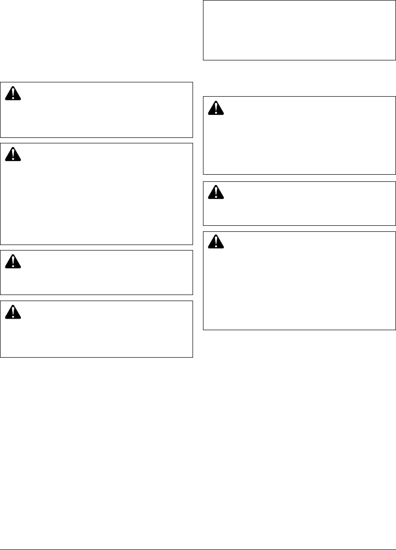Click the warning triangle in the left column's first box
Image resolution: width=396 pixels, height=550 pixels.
(12, 94)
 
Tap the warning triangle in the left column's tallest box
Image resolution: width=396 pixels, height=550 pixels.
(12, 155)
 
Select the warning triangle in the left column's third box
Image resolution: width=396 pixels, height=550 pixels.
(12, 262)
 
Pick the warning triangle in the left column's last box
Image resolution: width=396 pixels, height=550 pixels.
(12, 312)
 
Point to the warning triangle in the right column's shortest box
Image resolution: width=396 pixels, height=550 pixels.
(215, 193)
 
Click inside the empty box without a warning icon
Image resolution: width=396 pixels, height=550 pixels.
(299, 30)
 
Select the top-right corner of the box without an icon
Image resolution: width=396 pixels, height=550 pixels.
(395, 1)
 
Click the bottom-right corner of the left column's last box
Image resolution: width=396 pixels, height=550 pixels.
(193, 357)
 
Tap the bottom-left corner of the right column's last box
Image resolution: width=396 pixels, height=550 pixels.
(204, 329)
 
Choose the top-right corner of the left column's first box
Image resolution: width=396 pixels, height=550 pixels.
(193, 82)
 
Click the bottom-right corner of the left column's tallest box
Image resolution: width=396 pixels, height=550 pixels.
(193, 245)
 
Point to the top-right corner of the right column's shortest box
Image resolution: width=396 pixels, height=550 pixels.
(395, 182)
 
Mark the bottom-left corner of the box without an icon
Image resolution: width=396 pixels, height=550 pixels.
(204, 59)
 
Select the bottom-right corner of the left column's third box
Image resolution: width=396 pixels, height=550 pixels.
(193, 295)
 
